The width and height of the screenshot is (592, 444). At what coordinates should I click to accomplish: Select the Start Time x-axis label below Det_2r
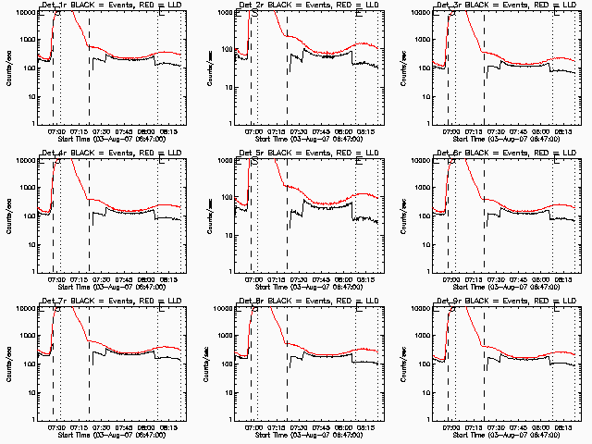coord(296,138)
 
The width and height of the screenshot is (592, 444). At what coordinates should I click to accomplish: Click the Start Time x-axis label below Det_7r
coord(99,434)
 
